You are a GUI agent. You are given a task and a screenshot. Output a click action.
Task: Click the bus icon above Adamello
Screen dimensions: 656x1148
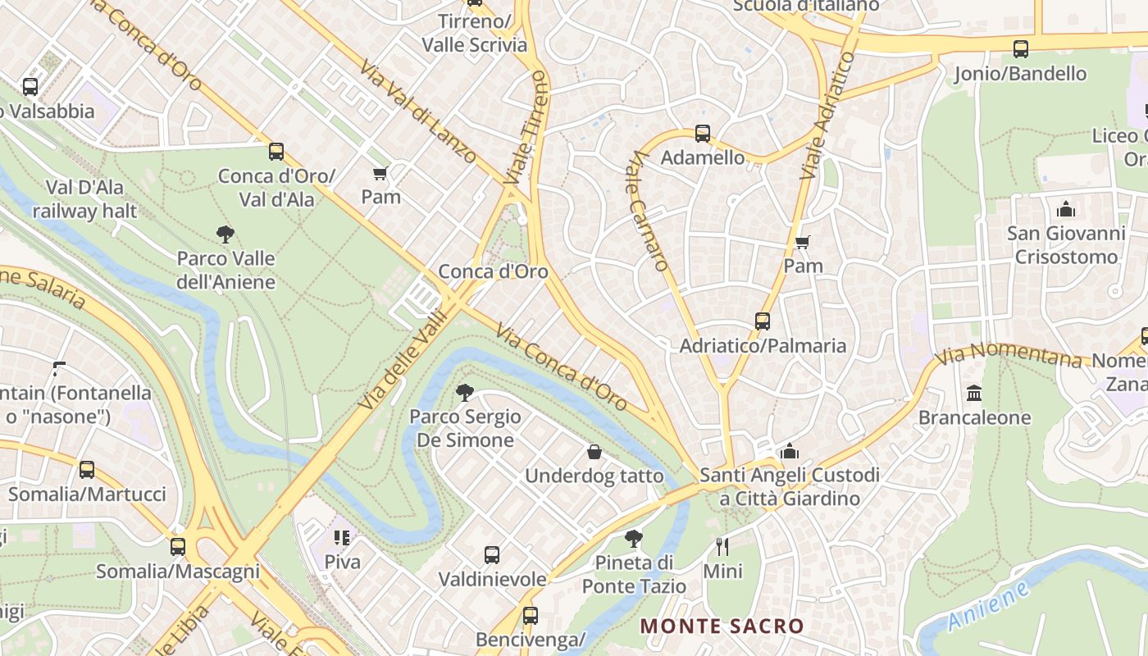click(702, 134)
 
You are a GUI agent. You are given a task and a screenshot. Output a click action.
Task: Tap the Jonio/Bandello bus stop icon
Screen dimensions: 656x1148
click(1020, 49)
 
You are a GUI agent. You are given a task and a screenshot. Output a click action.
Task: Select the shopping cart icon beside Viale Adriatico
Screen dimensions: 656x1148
click(802, 243)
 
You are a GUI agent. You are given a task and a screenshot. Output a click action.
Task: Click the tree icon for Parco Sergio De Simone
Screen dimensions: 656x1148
click(465, 393)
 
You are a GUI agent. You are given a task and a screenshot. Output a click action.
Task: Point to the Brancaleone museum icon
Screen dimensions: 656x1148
click(974, 394)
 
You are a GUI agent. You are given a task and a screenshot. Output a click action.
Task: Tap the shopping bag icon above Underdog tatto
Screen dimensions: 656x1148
click(594, 452)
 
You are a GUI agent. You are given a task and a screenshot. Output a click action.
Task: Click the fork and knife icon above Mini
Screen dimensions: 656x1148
click(722, 547)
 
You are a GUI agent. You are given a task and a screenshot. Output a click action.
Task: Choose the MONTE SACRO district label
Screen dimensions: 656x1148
click(722, 626)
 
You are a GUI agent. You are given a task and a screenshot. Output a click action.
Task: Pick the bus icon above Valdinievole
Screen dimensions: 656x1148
click(491, 555)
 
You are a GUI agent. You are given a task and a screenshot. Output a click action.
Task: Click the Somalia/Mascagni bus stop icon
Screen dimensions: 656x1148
click(178, 547)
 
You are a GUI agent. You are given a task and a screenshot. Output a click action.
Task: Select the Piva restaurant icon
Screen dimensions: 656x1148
click(342, 538)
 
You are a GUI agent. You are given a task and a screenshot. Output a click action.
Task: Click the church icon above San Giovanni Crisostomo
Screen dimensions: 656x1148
click(1066, 209)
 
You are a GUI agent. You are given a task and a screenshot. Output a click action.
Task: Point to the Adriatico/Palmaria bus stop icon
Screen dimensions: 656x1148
click(763, 321)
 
